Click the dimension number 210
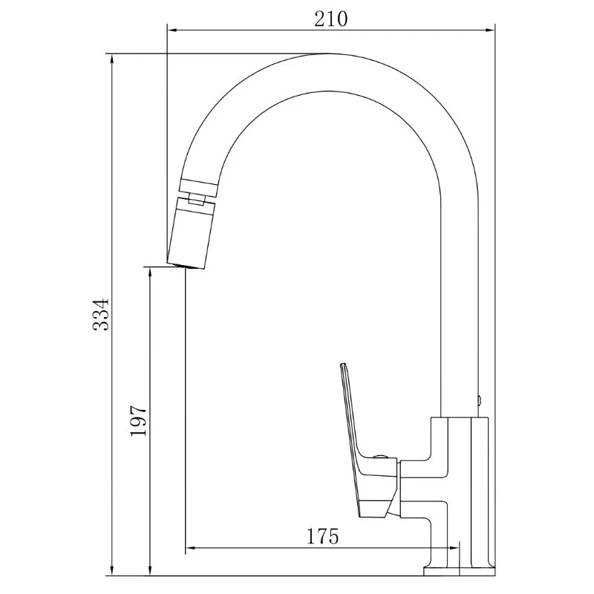(330, 19)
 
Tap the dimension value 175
(322, 535)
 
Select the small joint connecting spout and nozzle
(197, 198)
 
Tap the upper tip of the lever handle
(344, 366)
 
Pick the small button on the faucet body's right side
(480, 401)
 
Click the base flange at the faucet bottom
(458, 570)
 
